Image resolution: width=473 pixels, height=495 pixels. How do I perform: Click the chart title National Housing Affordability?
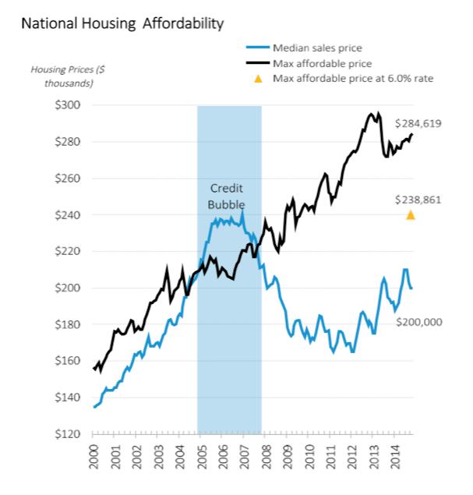[122, 23]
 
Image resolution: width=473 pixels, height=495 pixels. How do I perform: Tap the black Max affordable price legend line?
[258, 63]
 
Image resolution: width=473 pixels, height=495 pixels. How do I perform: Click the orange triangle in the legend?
[258, 79]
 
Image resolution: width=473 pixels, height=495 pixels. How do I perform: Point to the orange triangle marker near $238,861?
[410, 215]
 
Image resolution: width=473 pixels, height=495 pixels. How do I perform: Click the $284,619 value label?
[418, 123]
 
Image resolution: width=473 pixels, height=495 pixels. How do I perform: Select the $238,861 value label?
[418, 200]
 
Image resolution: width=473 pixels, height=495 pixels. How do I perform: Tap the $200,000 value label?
[419, 322]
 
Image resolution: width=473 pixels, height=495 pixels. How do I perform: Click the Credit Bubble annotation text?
[226, 196]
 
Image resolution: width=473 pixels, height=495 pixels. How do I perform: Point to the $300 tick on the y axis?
[68, 104]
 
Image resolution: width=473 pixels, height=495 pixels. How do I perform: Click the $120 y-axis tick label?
[68, 434]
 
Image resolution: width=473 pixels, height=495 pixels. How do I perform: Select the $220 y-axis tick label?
[68, 251]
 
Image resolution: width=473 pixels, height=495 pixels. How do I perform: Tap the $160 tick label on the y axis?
[68, 361]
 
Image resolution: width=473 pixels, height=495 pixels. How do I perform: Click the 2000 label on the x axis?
[94, 457]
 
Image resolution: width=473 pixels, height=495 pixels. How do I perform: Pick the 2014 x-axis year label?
[396, 457]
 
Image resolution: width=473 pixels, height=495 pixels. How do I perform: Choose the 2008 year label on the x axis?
[267, 457]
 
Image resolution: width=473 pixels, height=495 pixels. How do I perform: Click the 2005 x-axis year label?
[202, 457]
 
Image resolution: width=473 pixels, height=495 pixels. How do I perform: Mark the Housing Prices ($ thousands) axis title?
[68, 76]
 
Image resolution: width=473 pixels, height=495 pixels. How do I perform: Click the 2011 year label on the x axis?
[331, 457]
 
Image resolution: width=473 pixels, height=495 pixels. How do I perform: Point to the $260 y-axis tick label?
[68, 179]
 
